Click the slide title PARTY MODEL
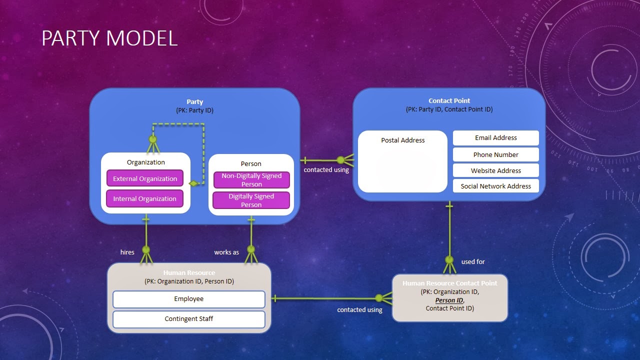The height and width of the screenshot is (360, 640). coord(109,38)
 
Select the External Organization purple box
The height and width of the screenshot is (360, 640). coord(145,178)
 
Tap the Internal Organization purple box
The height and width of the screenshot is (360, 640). coord(144,198)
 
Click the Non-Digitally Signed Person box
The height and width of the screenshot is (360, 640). coord(251,180)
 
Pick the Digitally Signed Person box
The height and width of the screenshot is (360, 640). coord(251,200)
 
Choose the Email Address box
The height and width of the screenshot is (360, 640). coord(495,138)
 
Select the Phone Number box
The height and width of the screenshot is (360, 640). coord(495,154)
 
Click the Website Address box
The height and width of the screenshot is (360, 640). coord(495,170)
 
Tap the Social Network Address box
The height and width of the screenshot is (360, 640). coord(495,186)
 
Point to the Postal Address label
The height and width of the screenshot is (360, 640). coord(402,140)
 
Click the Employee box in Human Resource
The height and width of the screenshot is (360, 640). coord(188,299)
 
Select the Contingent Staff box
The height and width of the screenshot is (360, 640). coord(188,319)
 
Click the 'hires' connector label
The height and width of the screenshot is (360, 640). coord(127,252)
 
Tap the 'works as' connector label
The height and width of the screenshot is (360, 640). coord(226,252)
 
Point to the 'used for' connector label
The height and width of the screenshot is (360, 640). coord(472,262)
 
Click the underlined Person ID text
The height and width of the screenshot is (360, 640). coord(449,300)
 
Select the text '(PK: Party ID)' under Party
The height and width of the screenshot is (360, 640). coord(194,110)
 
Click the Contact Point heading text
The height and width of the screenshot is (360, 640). coord(449,101)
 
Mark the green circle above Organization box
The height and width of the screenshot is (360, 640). coord(153,139)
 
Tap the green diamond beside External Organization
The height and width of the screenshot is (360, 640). coord(193,183)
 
